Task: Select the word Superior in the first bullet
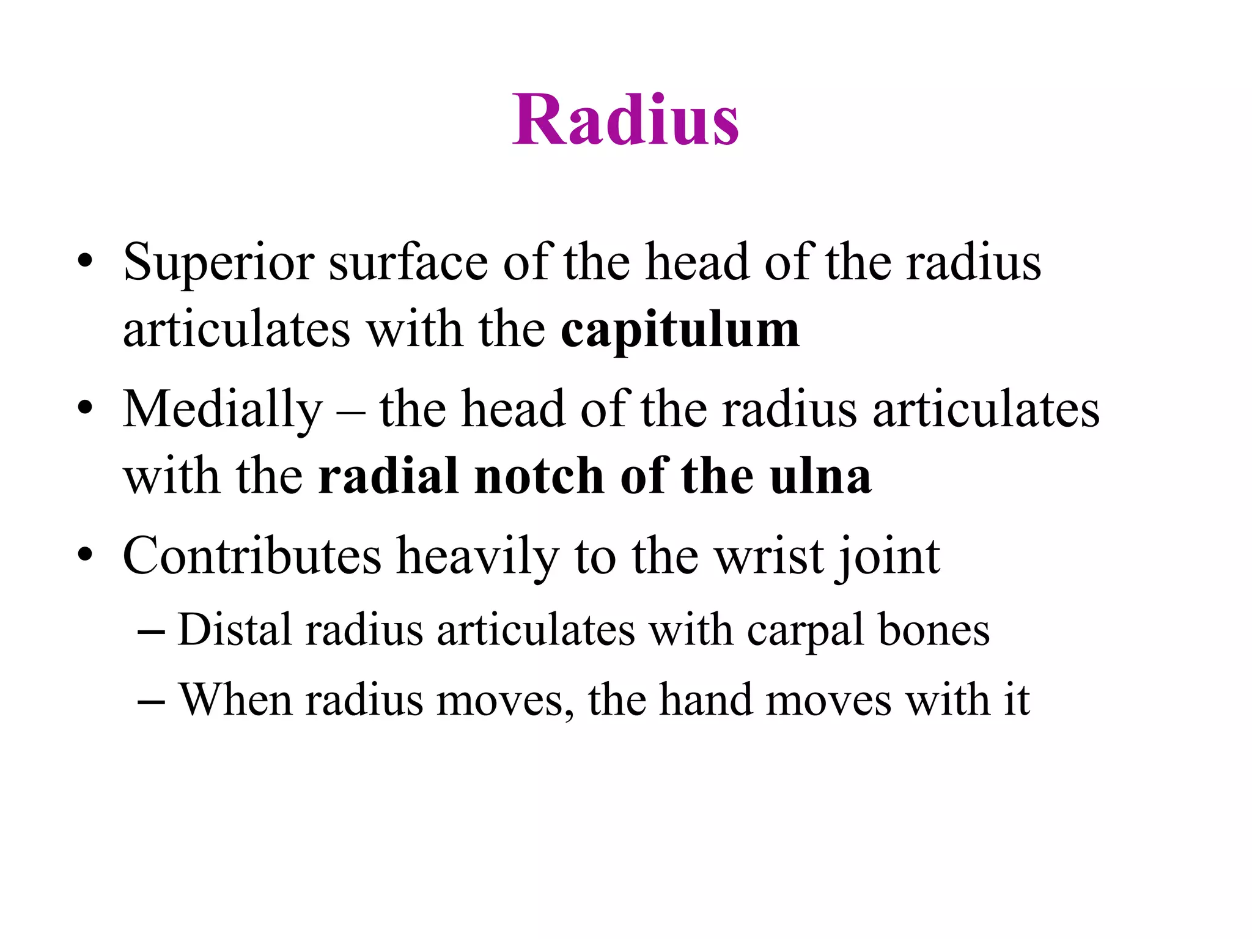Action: [x=219, y=263]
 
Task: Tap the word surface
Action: [x=408, y=263]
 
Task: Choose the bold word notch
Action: [x=539, y=476]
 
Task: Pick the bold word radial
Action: [x=388, y=476]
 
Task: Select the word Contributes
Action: [x=252, y=556]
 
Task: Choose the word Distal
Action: [x=234, y=630]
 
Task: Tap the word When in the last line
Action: [x=235, y=699]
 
